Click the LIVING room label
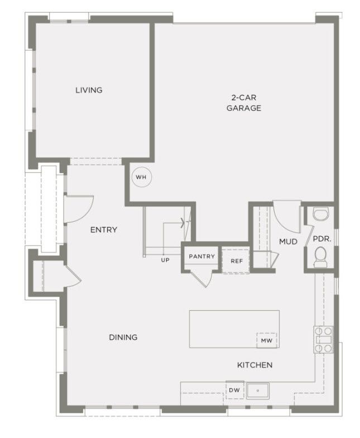[x=89, y=90]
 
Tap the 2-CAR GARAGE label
[x=243, y=103]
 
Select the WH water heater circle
[x=142, y=177]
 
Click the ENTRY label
[x=104, y=230]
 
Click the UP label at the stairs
[x=165, y=260]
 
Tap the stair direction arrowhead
[x=183, y=223]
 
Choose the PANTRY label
[x=202, y=256]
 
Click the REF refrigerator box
[x=236, y=261]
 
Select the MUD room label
[x=288, y=241]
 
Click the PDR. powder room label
[x=322, y=239]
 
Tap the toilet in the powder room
[x=320, y=257]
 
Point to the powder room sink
[x=321, y=213]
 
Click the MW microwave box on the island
[x=267, y=340]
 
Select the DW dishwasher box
[x=234, y=390]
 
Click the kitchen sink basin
[x=258, y=391]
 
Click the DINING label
[x=123, y=337]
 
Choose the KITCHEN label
[x=255, y=365]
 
